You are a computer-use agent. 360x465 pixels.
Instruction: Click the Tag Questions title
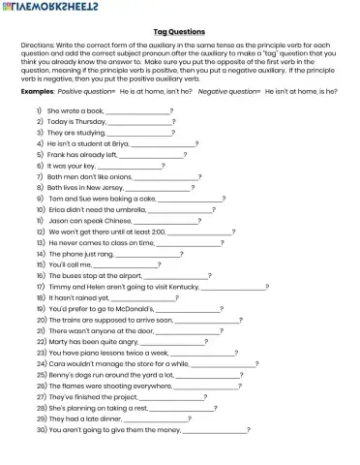tap(179, 31)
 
